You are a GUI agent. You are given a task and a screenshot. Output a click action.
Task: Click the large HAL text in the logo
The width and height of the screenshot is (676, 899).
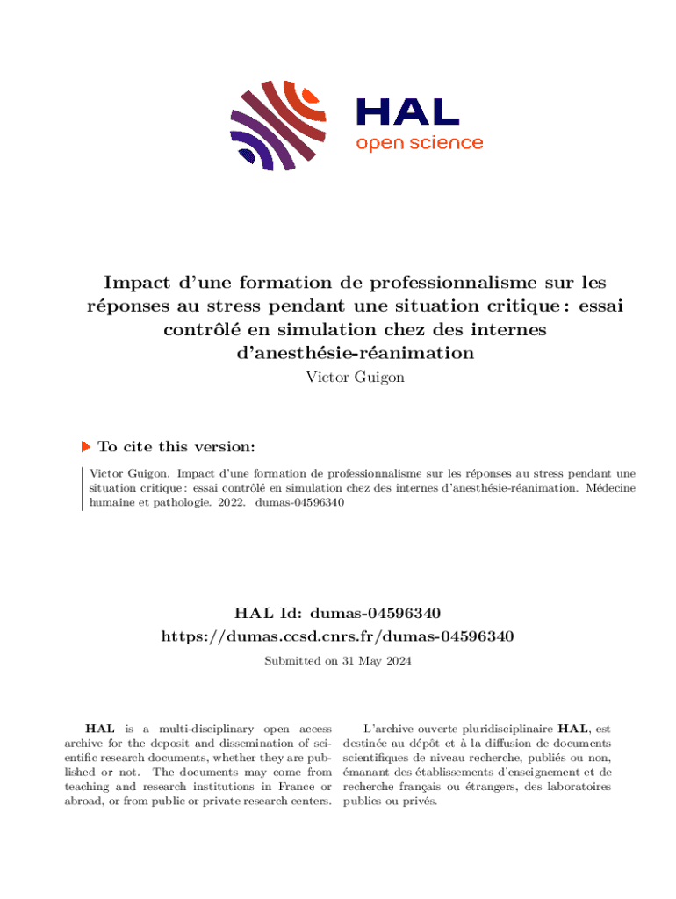[x=407, y=112]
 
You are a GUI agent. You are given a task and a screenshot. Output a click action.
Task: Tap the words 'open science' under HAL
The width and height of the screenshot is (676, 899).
[x=419, y=143]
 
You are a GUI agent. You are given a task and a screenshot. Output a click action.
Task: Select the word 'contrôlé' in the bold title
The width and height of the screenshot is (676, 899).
[x=207, y=330]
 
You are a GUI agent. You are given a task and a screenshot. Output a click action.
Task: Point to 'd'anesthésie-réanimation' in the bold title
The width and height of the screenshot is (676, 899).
[x=338, y=353]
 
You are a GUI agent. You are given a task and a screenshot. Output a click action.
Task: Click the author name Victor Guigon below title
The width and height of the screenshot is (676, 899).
[x=338, y=378]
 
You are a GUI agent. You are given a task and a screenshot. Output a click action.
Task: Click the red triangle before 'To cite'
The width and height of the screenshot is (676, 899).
[x=86, y=447]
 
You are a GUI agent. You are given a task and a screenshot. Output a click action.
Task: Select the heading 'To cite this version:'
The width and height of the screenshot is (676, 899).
[x=176, y=447]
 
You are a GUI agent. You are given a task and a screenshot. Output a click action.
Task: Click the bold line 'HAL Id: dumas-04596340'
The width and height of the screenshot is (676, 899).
[x=338, y=612]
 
